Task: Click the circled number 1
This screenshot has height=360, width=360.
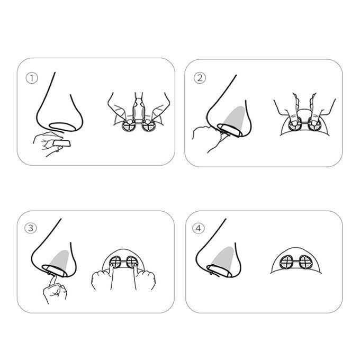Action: tap(32, 78)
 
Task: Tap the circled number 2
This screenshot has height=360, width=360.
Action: tap(200, 78)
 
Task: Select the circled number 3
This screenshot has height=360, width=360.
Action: tap(31, 228)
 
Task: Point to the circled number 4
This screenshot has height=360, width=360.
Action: tap(199, 228)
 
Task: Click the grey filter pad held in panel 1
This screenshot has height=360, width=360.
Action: tap(62, 143)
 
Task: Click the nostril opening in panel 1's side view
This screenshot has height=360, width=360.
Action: tap(62, 127)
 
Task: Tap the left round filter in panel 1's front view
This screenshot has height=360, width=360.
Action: tap(129, 125)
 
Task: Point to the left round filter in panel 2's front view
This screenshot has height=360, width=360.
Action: tap(294, 124)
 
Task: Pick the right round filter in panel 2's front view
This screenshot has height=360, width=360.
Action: tap(314, 124)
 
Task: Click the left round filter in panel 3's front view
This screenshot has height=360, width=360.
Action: tap(115, 262)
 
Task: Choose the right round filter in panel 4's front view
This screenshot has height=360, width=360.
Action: tap(305, 262)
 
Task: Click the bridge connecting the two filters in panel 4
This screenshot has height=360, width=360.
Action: tap(296, 262)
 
